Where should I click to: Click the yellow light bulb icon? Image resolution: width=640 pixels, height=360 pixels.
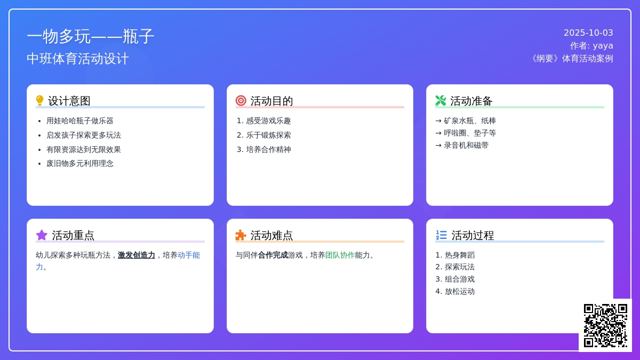[39, 101]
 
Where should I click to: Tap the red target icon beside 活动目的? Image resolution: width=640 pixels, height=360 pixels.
[241, 101]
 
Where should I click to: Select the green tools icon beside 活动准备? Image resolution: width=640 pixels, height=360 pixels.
[441, 101]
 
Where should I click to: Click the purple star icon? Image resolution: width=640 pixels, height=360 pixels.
[42, 235]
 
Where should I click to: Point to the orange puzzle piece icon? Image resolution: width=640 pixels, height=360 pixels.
[241, 235]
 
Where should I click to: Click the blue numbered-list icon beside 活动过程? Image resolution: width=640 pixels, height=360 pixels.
[441, 235]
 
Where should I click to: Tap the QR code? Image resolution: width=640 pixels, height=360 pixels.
[605, 325]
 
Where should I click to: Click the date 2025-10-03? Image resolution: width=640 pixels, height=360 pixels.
[588, 33]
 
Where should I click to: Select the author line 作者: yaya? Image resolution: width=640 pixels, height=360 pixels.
[591, 46]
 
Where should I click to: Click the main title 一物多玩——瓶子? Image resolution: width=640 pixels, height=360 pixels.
[91, 37]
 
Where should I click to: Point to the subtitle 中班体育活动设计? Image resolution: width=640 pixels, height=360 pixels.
[78, 59]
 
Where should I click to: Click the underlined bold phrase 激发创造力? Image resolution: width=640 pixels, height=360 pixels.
[137, 255]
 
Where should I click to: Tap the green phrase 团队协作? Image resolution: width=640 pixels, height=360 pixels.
[340, 255]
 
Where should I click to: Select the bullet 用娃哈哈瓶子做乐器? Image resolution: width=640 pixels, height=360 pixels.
[80, 121]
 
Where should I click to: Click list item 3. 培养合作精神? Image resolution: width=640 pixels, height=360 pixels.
[263, 149]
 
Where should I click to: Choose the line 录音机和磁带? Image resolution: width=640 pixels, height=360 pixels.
[466, 146]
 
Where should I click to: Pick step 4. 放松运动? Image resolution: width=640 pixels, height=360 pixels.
[455, 291]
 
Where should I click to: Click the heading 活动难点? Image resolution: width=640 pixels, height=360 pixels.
[271, 235]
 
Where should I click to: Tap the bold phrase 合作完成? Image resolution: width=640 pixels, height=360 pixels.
[273, 255]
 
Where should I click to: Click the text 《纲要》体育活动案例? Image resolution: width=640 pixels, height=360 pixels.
[571, 59]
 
